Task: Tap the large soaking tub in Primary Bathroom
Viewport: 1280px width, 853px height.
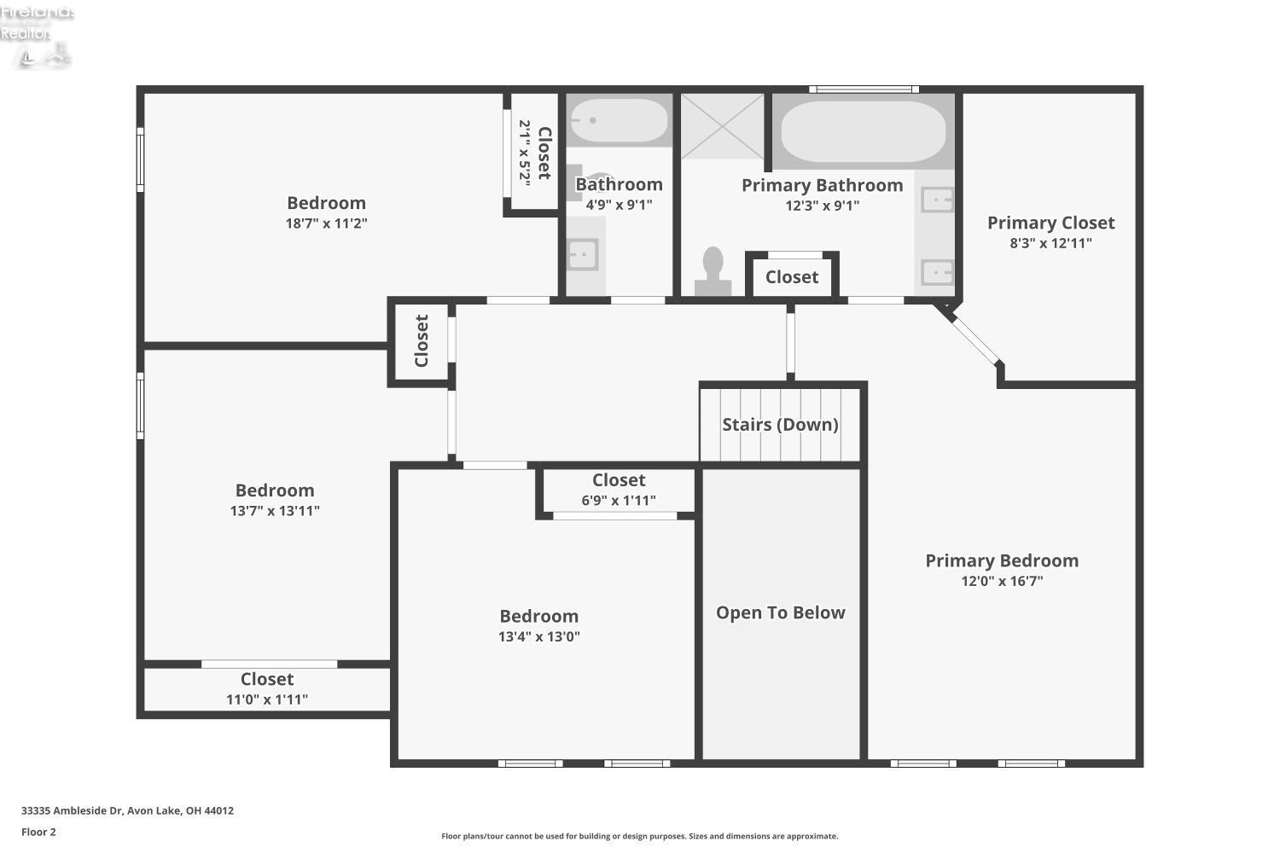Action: tap(864, 132)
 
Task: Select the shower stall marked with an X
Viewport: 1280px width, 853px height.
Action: tap(722, 125)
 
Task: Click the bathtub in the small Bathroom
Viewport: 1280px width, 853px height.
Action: tap(619, 121)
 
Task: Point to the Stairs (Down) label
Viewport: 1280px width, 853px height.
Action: tap(780, 425)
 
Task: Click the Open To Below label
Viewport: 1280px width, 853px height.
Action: tap(780, 613)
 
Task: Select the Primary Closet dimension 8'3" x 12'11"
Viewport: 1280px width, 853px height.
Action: tap(1050, 243)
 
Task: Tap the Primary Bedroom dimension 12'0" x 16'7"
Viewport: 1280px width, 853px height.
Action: tap(1002, 582)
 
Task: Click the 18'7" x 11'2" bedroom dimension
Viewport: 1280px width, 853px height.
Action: tap(326, 223)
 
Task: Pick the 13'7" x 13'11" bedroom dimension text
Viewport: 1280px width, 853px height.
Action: tap(275, 511)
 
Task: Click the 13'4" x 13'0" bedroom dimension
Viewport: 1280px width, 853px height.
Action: tap(539, 636)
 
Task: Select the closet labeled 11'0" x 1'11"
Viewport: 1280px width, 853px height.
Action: tap(267, 689)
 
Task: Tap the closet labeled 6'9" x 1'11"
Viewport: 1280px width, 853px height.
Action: tap(619, 490)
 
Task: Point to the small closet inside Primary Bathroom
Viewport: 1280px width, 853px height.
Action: tap(792, 276)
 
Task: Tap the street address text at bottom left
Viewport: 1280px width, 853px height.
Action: tap(127, 811)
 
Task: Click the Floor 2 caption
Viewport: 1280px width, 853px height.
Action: tap(38, 833)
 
